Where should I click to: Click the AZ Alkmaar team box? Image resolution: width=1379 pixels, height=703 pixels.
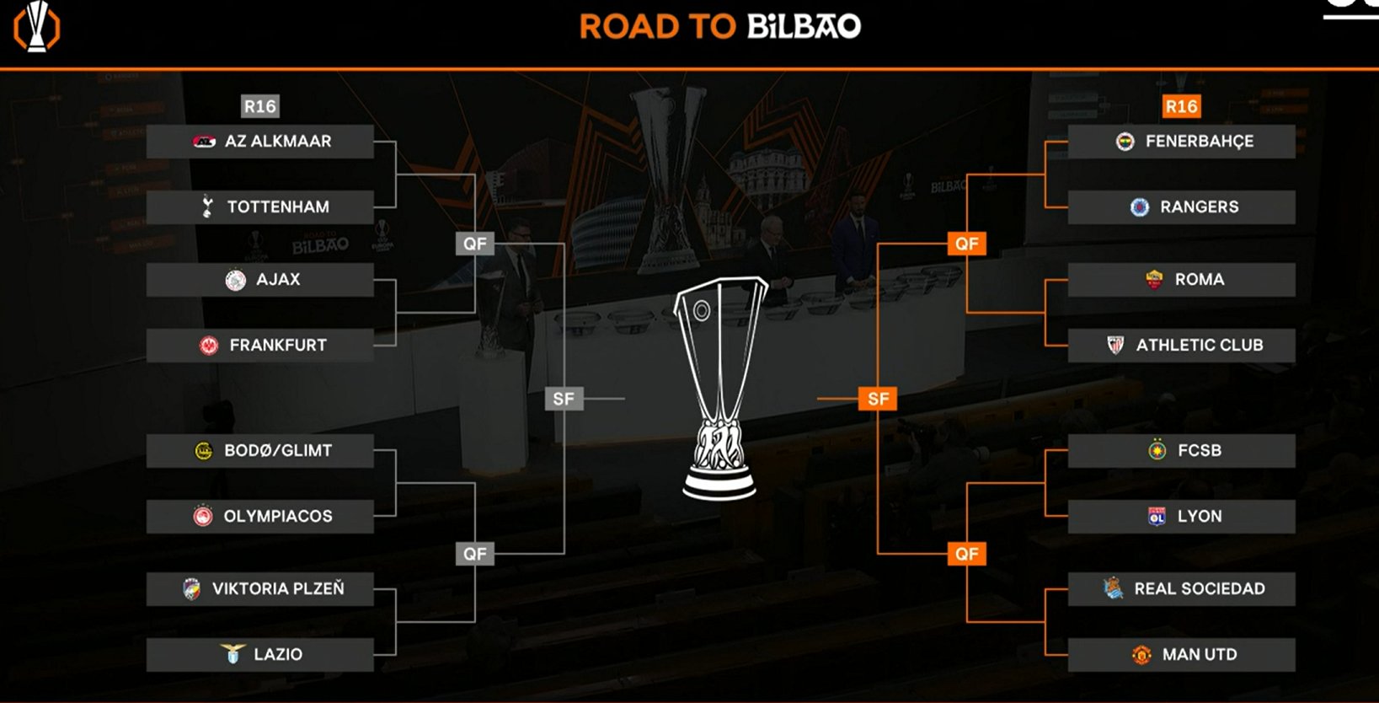point(260,142)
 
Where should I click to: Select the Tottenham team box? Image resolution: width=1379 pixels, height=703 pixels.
point(260,207)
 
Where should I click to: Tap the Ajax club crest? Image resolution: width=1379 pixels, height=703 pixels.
point(236,280)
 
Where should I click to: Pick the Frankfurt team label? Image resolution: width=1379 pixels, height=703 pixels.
point(278,346)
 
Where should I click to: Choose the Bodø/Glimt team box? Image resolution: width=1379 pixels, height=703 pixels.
point(260,451)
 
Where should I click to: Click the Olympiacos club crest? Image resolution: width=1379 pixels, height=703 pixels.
point(203,517)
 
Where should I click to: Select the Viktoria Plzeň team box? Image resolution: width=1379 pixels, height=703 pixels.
point(260,589)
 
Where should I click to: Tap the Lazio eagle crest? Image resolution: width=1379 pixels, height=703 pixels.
point(233,654)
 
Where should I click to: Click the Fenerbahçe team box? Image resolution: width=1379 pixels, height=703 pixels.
point(1181,142)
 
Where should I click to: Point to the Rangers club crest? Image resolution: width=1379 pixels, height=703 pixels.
point(1140,207)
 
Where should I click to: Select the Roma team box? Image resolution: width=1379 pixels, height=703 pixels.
point(1181,280)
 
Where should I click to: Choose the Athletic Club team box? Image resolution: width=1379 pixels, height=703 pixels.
point(1181,346)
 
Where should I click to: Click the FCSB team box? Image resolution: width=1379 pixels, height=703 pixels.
point(1181,451)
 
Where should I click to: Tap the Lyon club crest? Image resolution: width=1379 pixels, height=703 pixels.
point(1157,517)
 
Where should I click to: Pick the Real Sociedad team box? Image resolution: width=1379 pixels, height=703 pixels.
point(1181,589)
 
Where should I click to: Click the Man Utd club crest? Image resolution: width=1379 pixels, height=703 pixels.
point(1142,655)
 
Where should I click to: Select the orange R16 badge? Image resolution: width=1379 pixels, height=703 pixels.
point(1181,106)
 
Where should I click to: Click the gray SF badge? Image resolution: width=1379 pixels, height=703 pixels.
point(564,399)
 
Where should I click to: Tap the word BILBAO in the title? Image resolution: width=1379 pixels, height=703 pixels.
point(804,26)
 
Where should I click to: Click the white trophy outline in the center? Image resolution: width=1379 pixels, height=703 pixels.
point(719,388)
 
